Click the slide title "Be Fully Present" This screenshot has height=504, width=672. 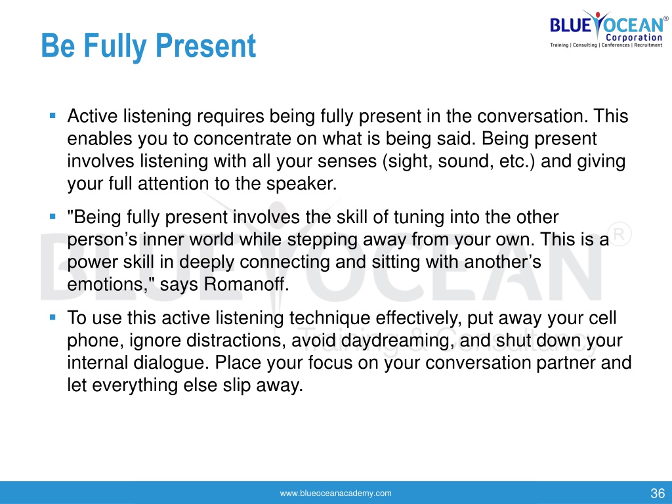148,46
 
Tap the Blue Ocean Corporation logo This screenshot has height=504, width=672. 608,29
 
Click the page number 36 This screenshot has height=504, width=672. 658,493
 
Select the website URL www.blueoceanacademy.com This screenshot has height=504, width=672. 335,493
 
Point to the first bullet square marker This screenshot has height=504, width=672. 52,115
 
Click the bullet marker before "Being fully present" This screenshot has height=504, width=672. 52,217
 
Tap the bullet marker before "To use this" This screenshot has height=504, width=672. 52,318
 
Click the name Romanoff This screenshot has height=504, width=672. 247,284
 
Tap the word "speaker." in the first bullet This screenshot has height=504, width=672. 302,184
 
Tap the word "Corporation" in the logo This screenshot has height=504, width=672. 634,37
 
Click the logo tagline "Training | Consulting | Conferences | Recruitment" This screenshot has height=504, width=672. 606,45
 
